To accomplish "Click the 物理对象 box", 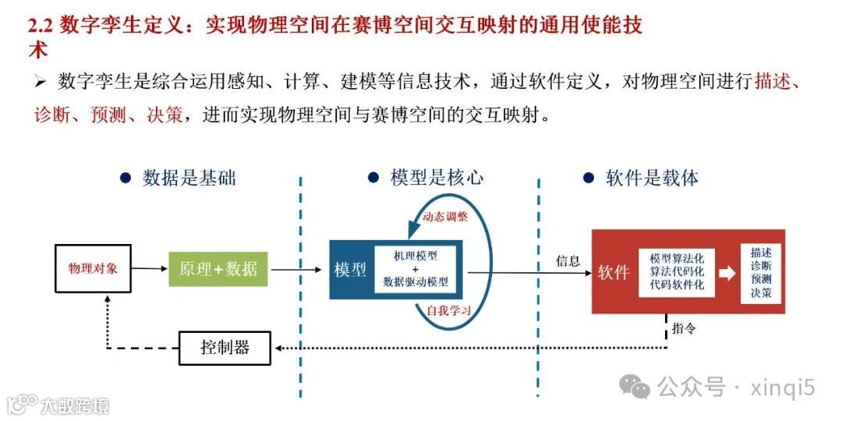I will point(93,269).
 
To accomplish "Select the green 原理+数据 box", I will point(218,270).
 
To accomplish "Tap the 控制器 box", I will point(225,348).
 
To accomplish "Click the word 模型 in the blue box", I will point(351,271).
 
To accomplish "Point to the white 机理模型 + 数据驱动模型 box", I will point(416,270).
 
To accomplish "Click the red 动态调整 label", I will point(444,217).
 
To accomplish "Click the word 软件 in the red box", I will point(614,272).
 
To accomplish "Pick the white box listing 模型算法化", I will point(676,271).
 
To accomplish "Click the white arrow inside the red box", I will point(726,273).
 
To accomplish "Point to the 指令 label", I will point(684,328).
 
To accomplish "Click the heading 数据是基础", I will point(189,178).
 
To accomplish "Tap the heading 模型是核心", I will point(437,178).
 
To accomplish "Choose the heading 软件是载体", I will point(652,178).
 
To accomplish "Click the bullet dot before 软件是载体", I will point(589,178).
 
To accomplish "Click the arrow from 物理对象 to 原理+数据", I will point(150,269).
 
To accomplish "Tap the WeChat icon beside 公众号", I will point(635,385).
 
